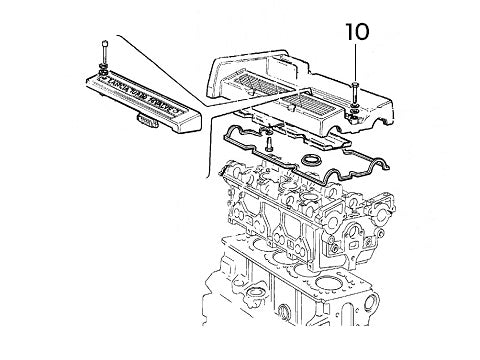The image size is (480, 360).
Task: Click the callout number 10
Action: click(356, 31)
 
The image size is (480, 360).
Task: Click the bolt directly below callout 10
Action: click(356, 89)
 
